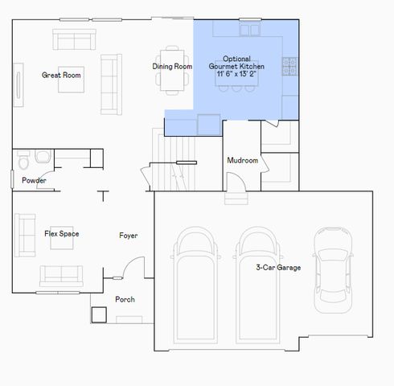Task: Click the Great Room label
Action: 62,75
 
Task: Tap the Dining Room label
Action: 172,66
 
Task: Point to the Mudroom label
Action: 242,161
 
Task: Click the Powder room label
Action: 34,180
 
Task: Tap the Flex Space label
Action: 61,234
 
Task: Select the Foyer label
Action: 128,236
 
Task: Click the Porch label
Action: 125,300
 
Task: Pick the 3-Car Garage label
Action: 278,267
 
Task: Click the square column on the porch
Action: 100,313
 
